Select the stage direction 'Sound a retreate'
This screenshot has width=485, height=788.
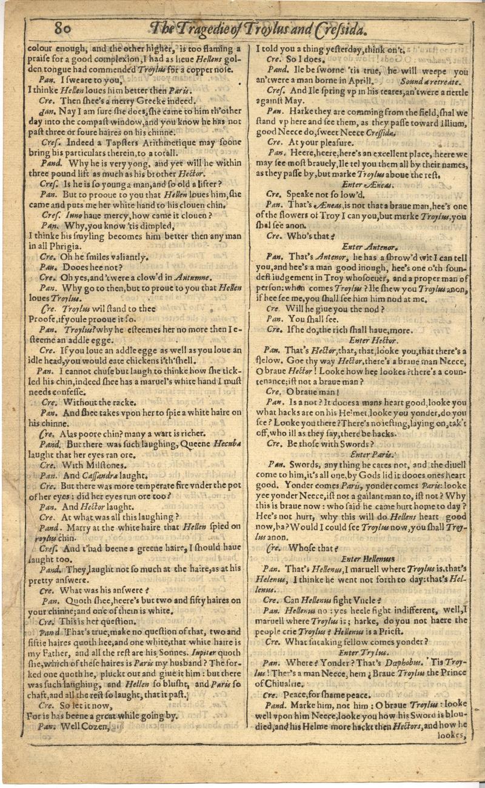[x=430, y=81]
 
